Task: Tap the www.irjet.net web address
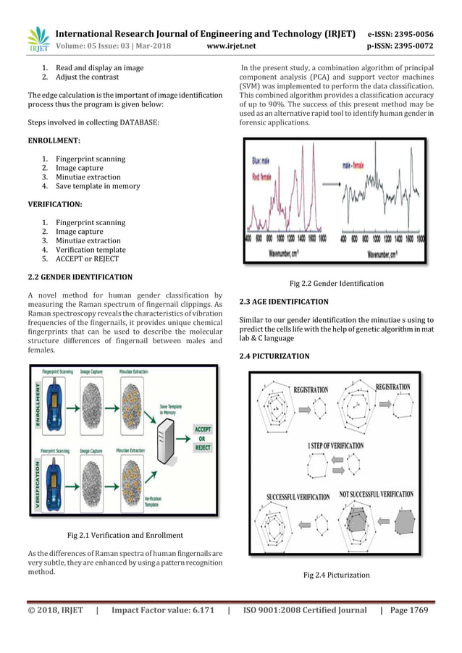[x=231, y=47]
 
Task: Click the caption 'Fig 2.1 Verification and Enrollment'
[x=125, y=535]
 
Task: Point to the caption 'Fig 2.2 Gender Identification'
[x=336, y=283]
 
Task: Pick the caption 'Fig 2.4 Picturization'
[x=336, y=575]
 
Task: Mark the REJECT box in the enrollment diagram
[x=202, y=448]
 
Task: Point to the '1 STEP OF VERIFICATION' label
[x=336, y=445]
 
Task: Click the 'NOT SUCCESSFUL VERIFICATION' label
[x=376, y=495]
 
